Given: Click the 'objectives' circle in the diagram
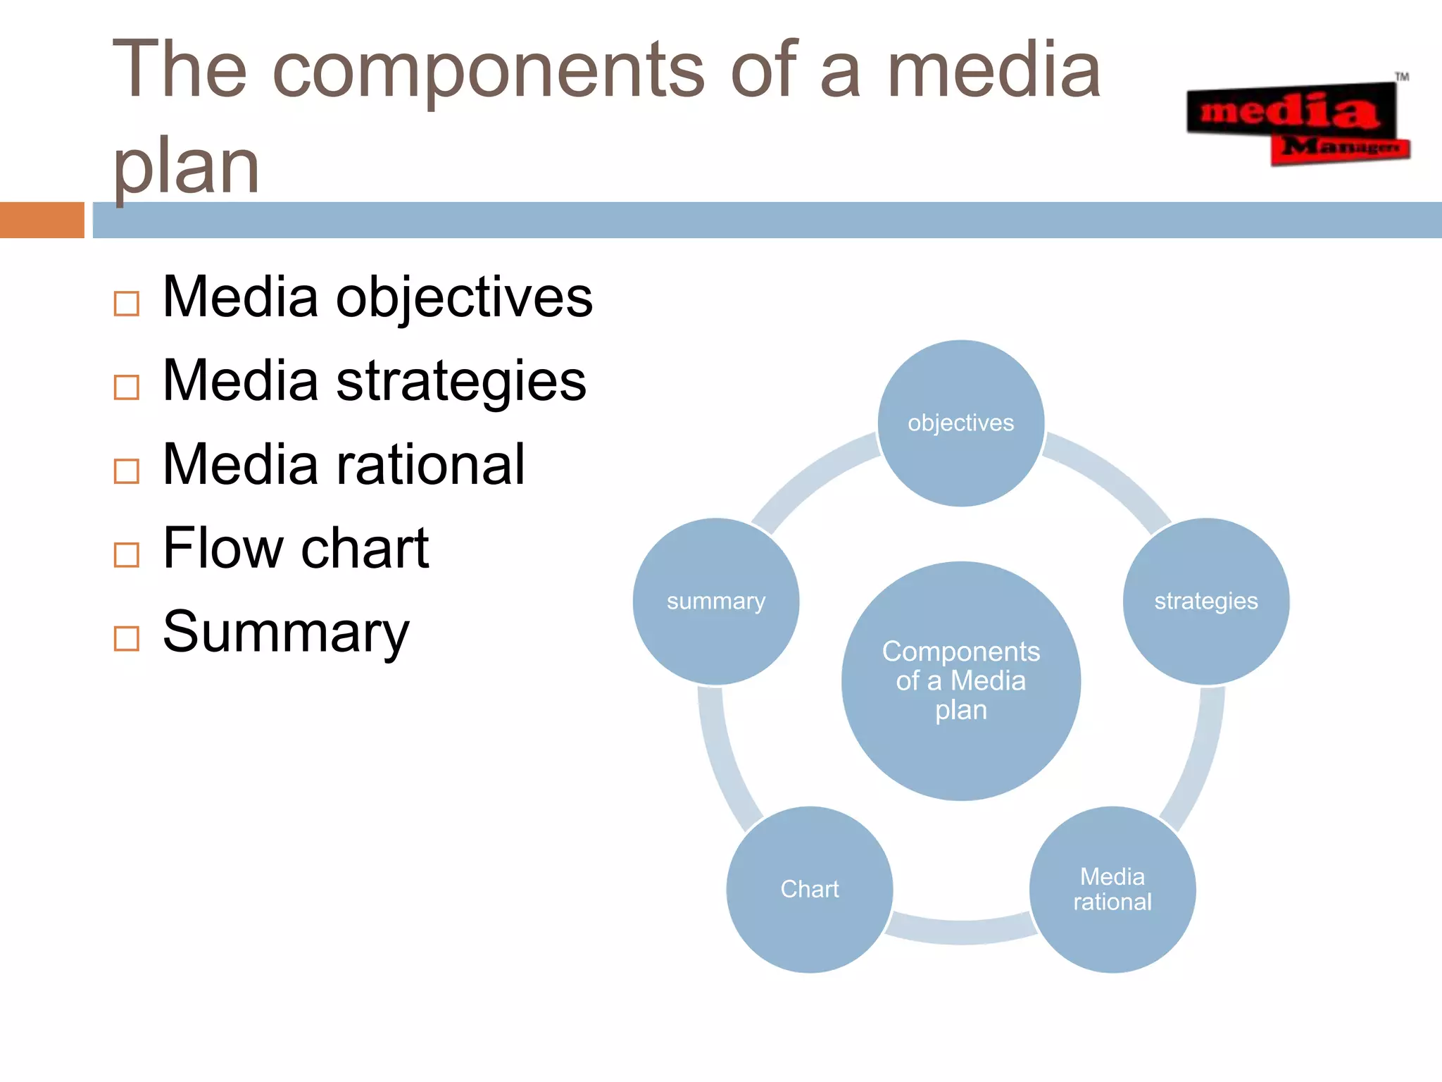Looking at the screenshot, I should [960, 423].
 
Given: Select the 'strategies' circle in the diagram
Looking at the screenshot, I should [1205, 601].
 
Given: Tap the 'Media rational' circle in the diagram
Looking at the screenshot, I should [1112, 889].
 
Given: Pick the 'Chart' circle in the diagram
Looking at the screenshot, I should [809, 889].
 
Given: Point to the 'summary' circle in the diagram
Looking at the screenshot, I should [715, 601].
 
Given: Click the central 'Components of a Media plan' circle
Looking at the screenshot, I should [960, 680].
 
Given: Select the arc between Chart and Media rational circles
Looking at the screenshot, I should [960, 931].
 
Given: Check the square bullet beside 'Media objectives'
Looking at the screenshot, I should [126, 304].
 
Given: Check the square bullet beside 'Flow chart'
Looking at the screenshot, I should [126, 554].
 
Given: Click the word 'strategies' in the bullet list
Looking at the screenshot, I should [460, 381].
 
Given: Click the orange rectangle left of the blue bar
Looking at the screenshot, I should [42, 220].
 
